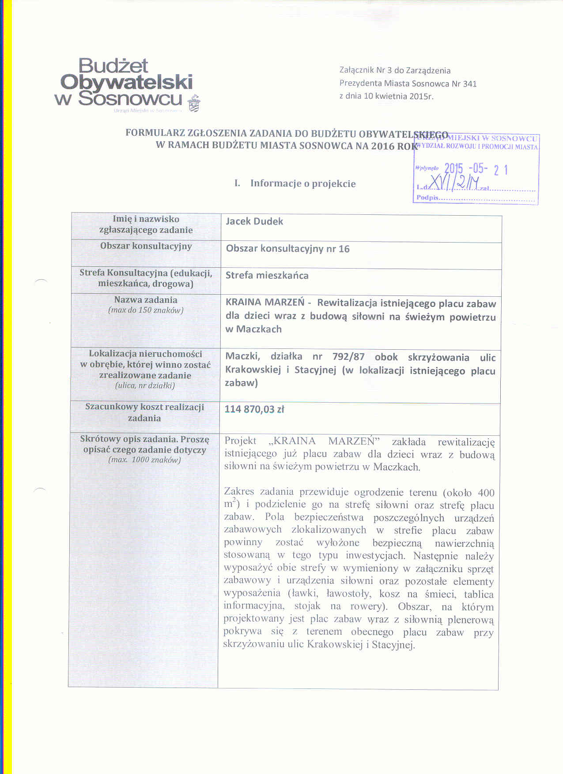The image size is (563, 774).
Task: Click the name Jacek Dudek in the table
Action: pyautogui.click(x=254, y=221)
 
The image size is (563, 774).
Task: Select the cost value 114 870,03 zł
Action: pyautogui.click(x=254, y=409)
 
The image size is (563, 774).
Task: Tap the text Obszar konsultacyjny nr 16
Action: pyautogui.click(x=287, y=249)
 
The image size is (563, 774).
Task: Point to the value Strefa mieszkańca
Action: pyautogui.click(x=267, y=276)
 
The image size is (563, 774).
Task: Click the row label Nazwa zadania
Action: pyautogui.click(x=146, y=300)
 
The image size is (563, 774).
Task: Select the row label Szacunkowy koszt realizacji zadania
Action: pyautogui.click(x=144, y=412)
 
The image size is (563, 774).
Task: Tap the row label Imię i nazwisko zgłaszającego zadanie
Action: pyautogui.click(x=146, y=224)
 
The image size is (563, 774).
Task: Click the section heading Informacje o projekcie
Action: pyautogui.click(x=302, y=183)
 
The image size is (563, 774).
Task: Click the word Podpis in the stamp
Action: pyautogui.click(x=427, y=198)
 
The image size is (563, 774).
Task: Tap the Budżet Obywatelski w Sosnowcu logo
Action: pyautogui.click(x=124, y=83)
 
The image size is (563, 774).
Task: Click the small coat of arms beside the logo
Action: pyautogui.click(x=194, y=104)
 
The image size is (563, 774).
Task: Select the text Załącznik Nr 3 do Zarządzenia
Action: pyautogui.click(x=395, y=70)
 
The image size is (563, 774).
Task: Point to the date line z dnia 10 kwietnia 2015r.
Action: pyautogui.click(x=386, y=96)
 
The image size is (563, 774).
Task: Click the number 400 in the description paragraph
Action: pyautogui.click(x=486, y=493)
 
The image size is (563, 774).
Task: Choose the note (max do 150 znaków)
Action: pyautogui.click(x=146, y=310)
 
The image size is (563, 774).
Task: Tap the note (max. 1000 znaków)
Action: pyautogui.click(x=144, y=460)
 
